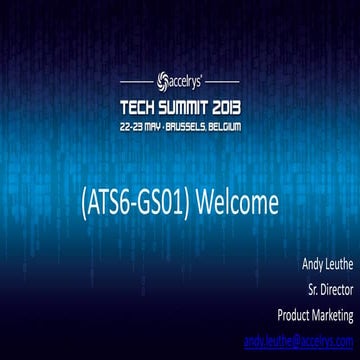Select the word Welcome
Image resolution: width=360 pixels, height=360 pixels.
point(236,203)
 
